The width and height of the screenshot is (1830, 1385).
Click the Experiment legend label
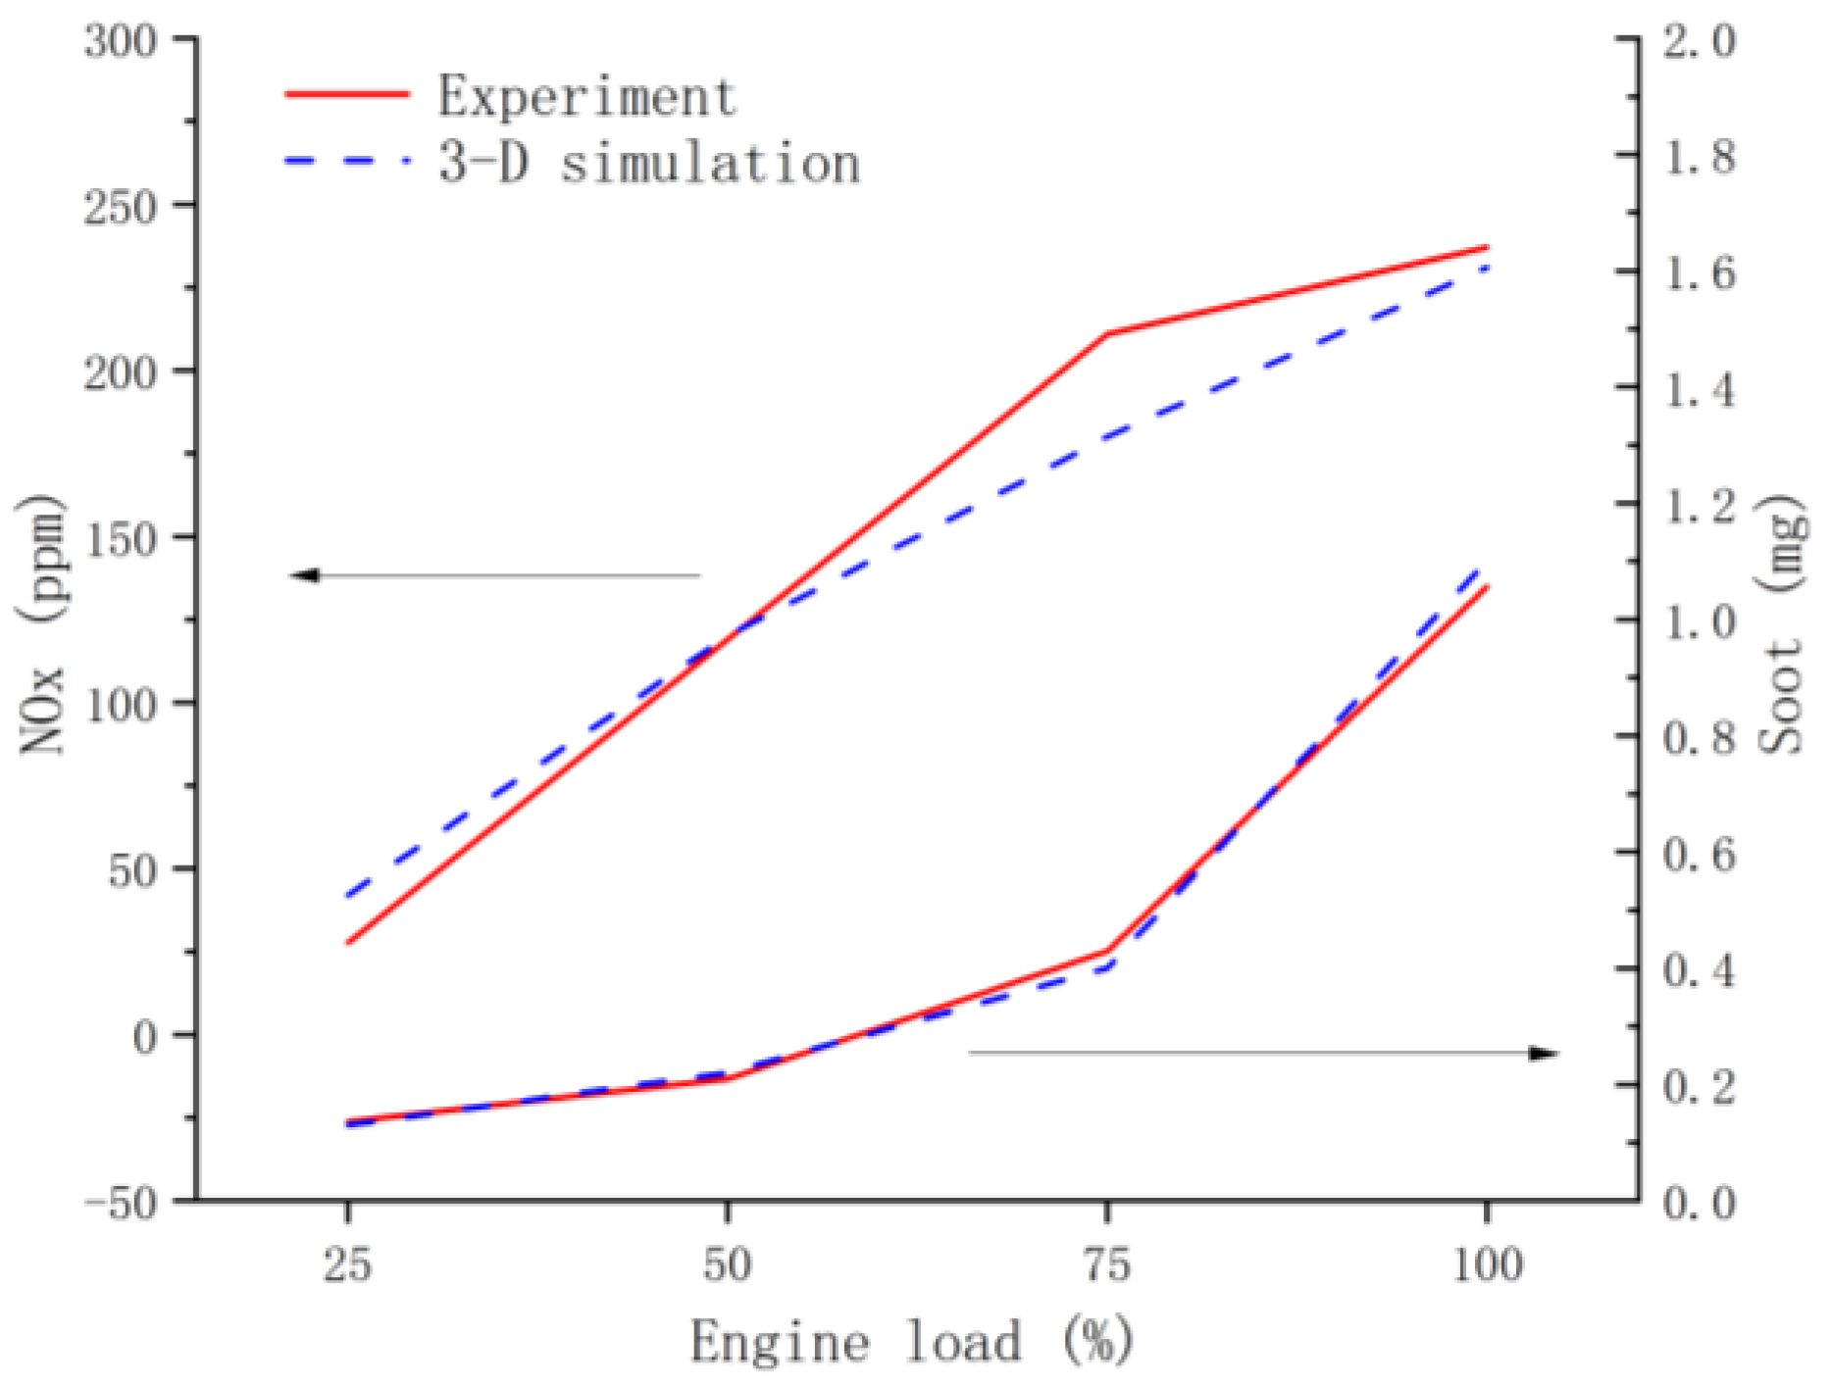(x=586, y=96)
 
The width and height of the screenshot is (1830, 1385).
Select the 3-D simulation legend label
(x=649, y=163)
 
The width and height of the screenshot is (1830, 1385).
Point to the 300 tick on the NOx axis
(x=120, y=41)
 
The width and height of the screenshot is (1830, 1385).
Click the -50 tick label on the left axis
(x=120, y=1202)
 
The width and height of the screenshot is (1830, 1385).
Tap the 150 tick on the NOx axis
(x=120, y=539)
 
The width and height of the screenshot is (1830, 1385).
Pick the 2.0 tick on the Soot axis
(x=1699, y=41)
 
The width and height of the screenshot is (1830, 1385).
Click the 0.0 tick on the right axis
(x=1699, y=1202)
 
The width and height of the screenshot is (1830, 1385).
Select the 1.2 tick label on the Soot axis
(x=1699, y=506)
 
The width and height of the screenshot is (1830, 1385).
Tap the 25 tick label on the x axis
(x=347, y=1264)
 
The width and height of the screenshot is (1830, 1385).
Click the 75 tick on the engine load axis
(x=1107, y=1264)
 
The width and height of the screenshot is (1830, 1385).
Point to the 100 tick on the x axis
(x=1487, y=1264)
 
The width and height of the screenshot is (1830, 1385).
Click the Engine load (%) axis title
(x=912, y=1341)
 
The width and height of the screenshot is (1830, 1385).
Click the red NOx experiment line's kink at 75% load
(x=1107, y=334)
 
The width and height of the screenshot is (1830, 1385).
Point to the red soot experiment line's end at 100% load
(x=1488, y=586)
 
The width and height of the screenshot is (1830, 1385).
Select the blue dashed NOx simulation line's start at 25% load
(x=348, y=895)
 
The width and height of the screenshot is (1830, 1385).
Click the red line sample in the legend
(x=347, y=94)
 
